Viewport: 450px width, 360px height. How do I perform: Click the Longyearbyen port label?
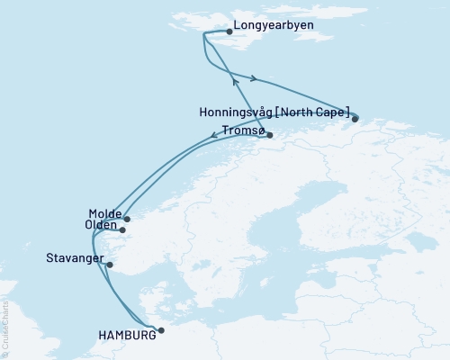[273, 25]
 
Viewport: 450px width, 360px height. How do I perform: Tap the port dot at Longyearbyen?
[229, 32]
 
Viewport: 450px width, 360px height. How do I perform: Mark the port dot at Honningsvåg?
[355, 118]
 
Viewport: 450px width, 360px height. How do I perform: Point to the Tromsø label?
[241, 130]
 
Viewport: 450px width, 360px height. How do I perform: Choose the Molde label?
[105, 212]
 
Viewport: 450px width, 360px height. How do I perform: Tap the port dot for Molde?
[127, 219]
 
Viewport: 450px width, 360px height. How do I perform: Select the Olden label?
[99, 224]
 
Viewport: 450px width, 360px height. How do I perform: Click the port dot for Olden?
[122, 230]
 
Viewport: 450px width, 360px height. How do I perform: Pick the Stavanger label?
[74, 258]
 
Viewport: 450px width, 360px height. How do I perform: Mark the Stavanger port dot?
[110, 265]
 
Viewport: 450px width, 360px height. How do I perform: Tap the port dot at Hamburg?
[161, 330]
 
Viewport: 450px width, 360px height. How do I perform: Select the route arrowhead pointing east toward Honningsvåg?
[254, 78]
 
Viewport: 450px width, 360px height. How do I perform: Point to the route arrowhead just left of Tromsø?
[225, 135]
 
